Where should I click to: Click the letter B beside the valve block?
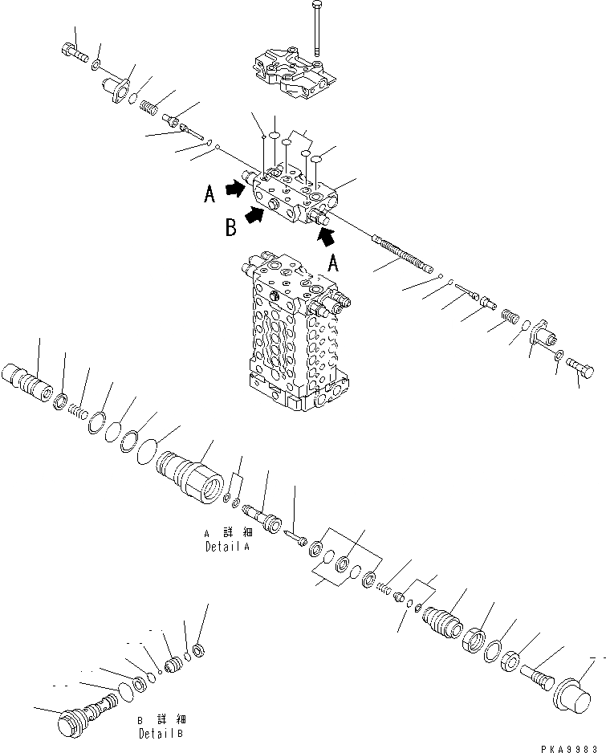(x=230, y=228)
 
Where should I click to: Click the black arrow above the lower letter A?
(x=327, y=235)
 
